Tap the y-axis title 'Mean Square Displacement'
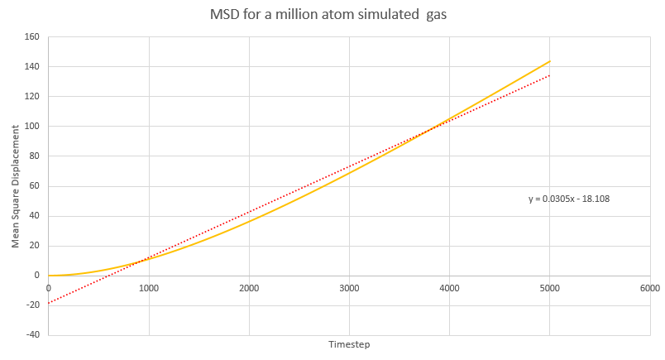[x=15, y=188]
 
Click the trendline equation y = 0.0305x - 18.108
[x=569, y=199]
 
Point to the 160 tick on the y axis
[x=33, y=36]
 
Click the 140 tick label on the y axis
[x=33, y=66]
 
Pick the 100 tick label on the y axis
[x=33, y=126]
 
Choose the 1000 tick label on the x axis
[x=149, y=288]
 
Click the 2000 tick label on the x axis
[x=249, y=288]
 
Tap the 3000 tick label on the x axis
[x=349, y=288]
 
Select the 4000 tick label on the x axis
[x=449, y=288]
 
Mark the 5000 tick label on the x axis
[x=549, y=288]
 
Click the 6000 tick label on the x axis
[x=649, y=288]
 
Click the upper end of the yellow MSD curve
[x=549, y=61]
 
